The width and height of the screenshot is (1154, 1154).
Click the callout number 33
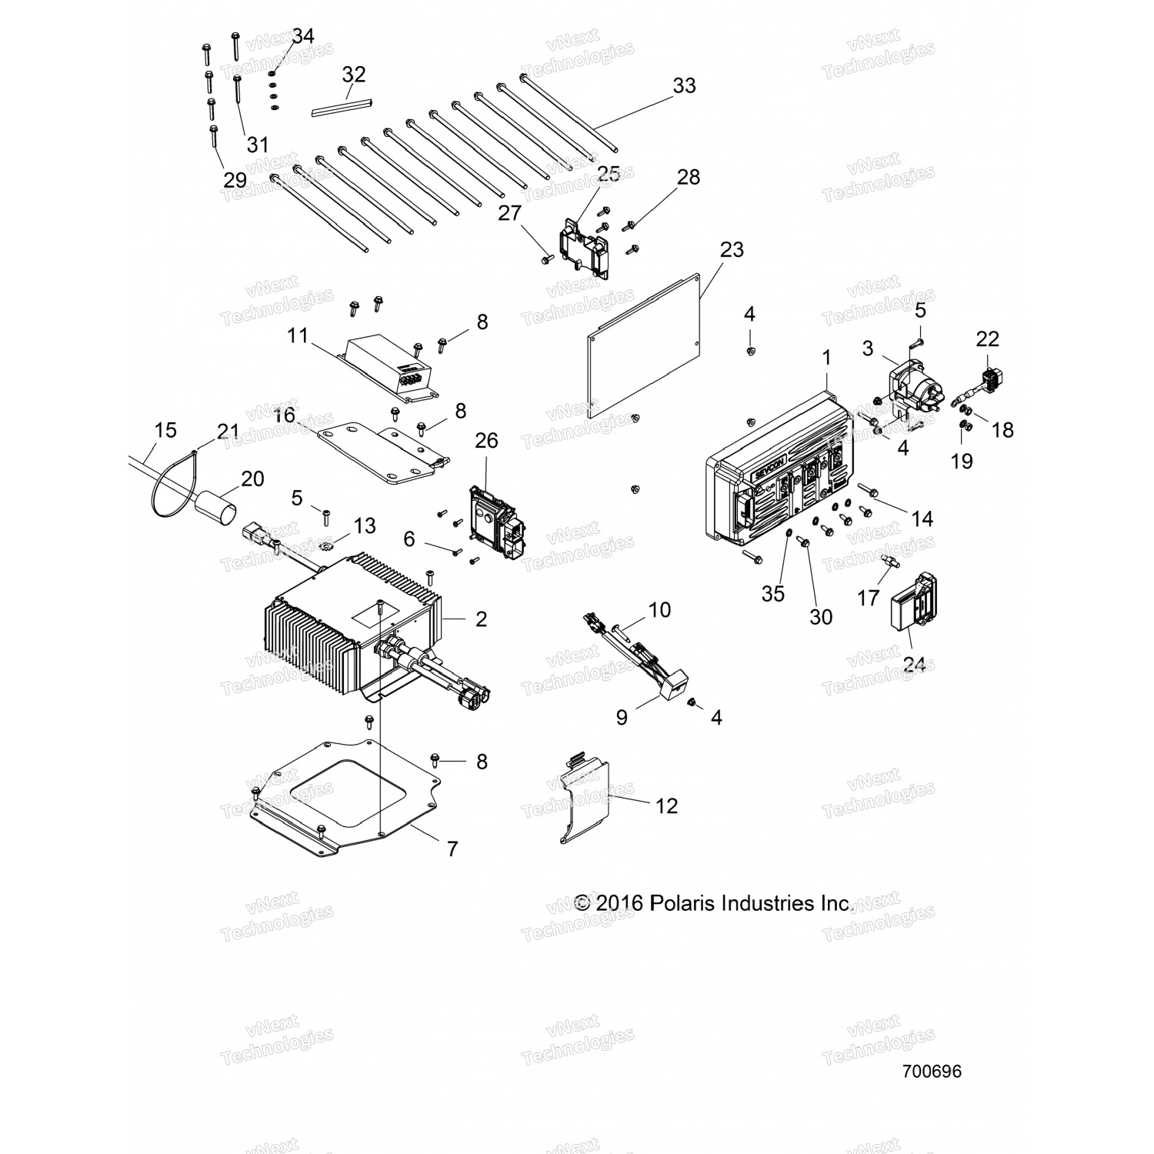coord(684,85)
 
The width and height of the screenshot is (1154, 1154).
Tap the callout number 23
coord(732,249)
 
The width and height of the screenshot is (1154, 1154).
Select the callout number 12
coord(666,805)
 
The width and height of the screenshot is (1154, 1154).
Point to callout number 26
coord(486,441)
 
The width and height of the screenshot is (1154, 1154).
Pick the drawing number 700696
coord(932,1072)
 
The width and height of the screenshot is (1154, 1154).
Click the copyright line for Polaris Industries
coord(714,903)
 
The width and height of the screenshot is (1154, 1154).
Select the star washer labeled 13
coord(325,546)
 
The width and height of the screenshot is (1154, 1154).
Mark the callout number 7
coord(452,849)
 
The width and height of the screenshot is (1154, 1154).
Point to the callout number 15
coord(166,430)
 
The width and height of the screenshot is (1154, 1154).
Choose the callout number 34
coord(303,36)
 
